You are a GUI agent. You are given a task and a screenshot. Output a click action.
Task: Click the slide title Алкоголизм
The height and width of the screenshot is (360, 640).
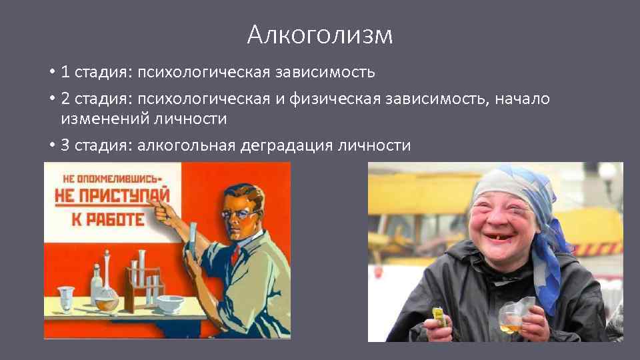(x=319, y=35)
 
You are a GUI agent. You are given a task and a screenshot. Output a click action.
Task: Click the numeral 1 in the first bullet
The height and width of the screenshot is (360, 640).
(x=65, y=71)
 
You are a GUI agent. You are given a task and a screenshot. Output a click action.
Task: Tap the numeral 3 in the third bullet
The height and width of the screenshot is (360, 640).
(x=65, y=145)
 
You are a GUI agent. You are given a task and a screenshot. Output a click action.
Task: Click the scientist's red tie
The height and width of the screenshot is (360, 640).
(x=235, y=254)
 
